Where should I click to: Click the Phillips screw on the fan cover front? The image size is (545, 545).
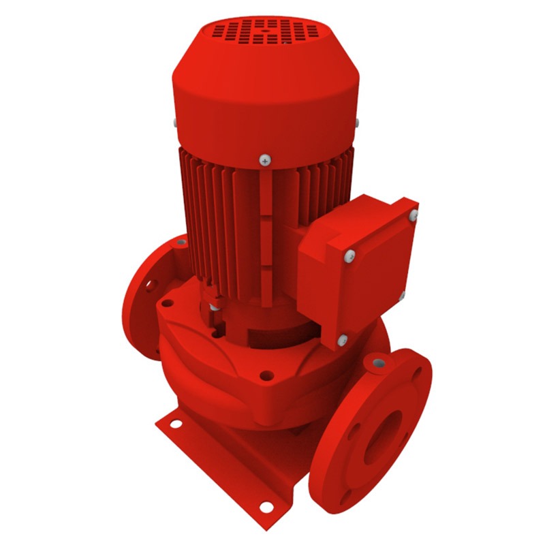pyautogui.click(x=264, y=161)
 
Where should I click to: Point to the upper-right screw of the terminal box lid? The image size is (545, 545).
pyautogui.click(x=413, y=216)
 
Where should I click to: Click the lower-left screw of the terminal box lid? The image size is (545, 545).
pyautogui.click(x=342, y=339)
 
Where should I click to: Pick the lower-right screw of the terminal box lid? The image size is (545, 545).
pyautogui.click(x=402, y=294)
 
